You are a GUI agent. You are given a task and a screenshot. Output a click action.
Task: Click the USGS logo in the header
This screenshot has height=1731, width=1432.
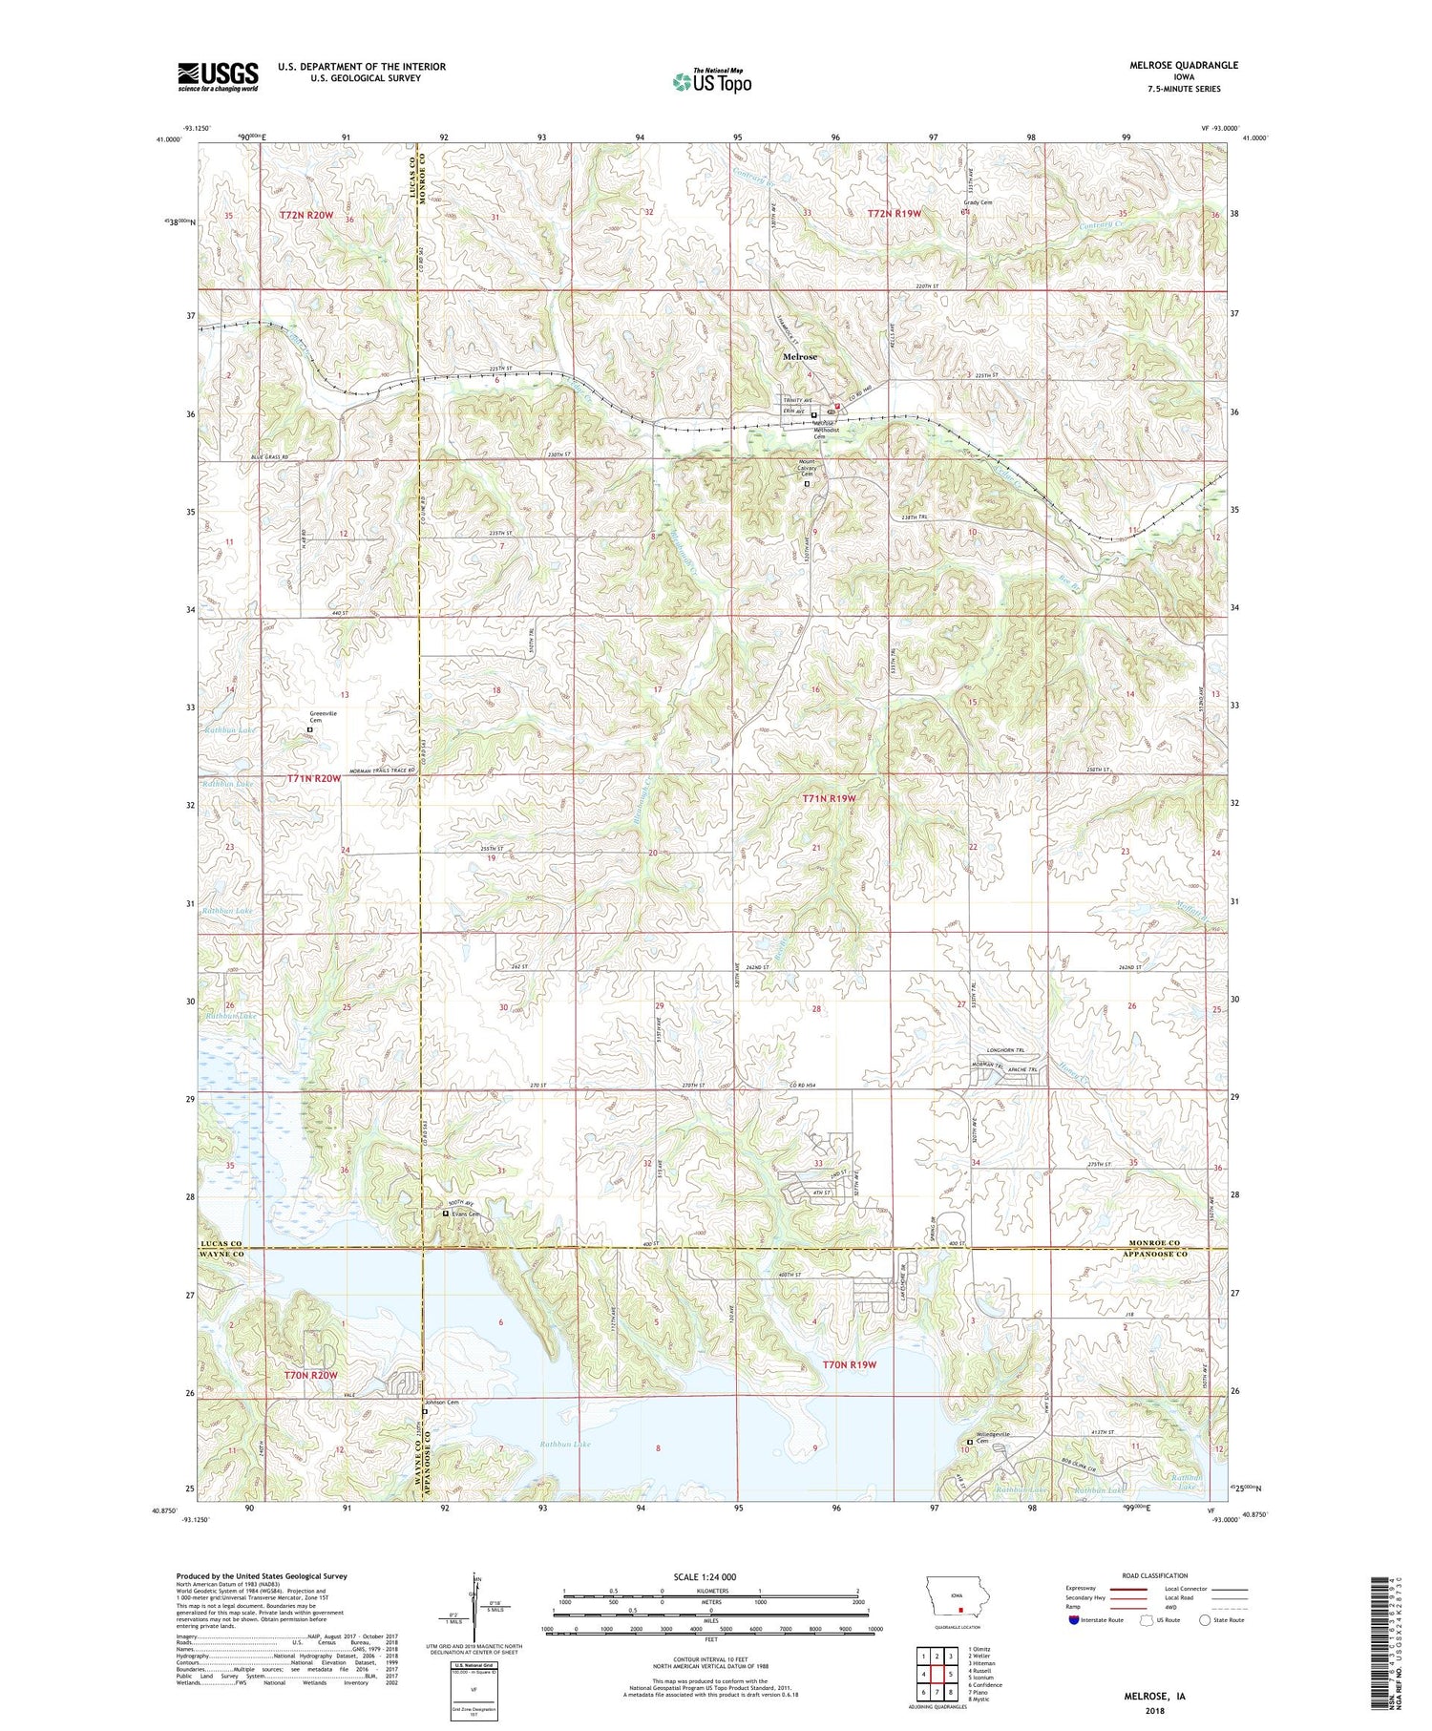218,76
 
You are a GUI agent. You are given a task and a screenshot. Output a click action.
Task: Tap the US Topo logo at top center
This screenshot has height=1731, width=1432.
711,81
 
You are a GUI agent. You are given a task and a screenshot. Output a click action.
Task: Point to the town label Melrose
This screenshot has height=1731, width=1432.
800,357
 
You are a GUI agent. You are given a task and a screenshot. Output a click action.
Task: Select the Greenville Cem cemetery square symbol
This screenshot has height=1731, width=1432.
309,730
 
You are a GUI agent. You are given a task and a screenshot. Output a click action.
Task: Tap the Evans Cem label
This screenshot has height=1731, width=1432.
465,1214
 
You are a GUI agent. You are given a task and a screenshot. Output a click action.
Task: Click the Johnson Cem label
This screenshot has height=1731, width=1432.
442,1403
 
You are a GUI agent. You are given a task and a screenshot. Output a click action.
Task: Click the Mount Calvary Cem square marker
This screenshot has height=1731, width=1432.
807,484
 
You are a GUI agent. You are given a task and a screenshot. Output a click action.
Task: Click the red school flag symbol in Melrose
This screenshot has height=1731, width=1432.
836,405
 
